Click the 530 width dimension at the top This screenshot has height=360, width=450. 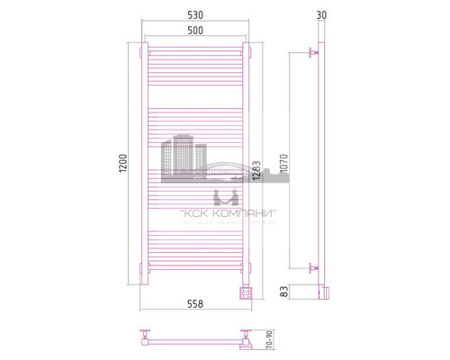tap(194, 16)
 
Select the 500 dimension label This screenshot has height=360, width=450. tap(194, 31)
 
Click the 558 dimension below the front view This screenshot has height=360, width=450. tap(194, 303)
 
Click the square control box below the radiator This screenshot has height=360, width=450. tap(245, 292)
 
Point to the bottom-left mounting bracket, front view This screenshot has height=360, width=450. tap(142, 267)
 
